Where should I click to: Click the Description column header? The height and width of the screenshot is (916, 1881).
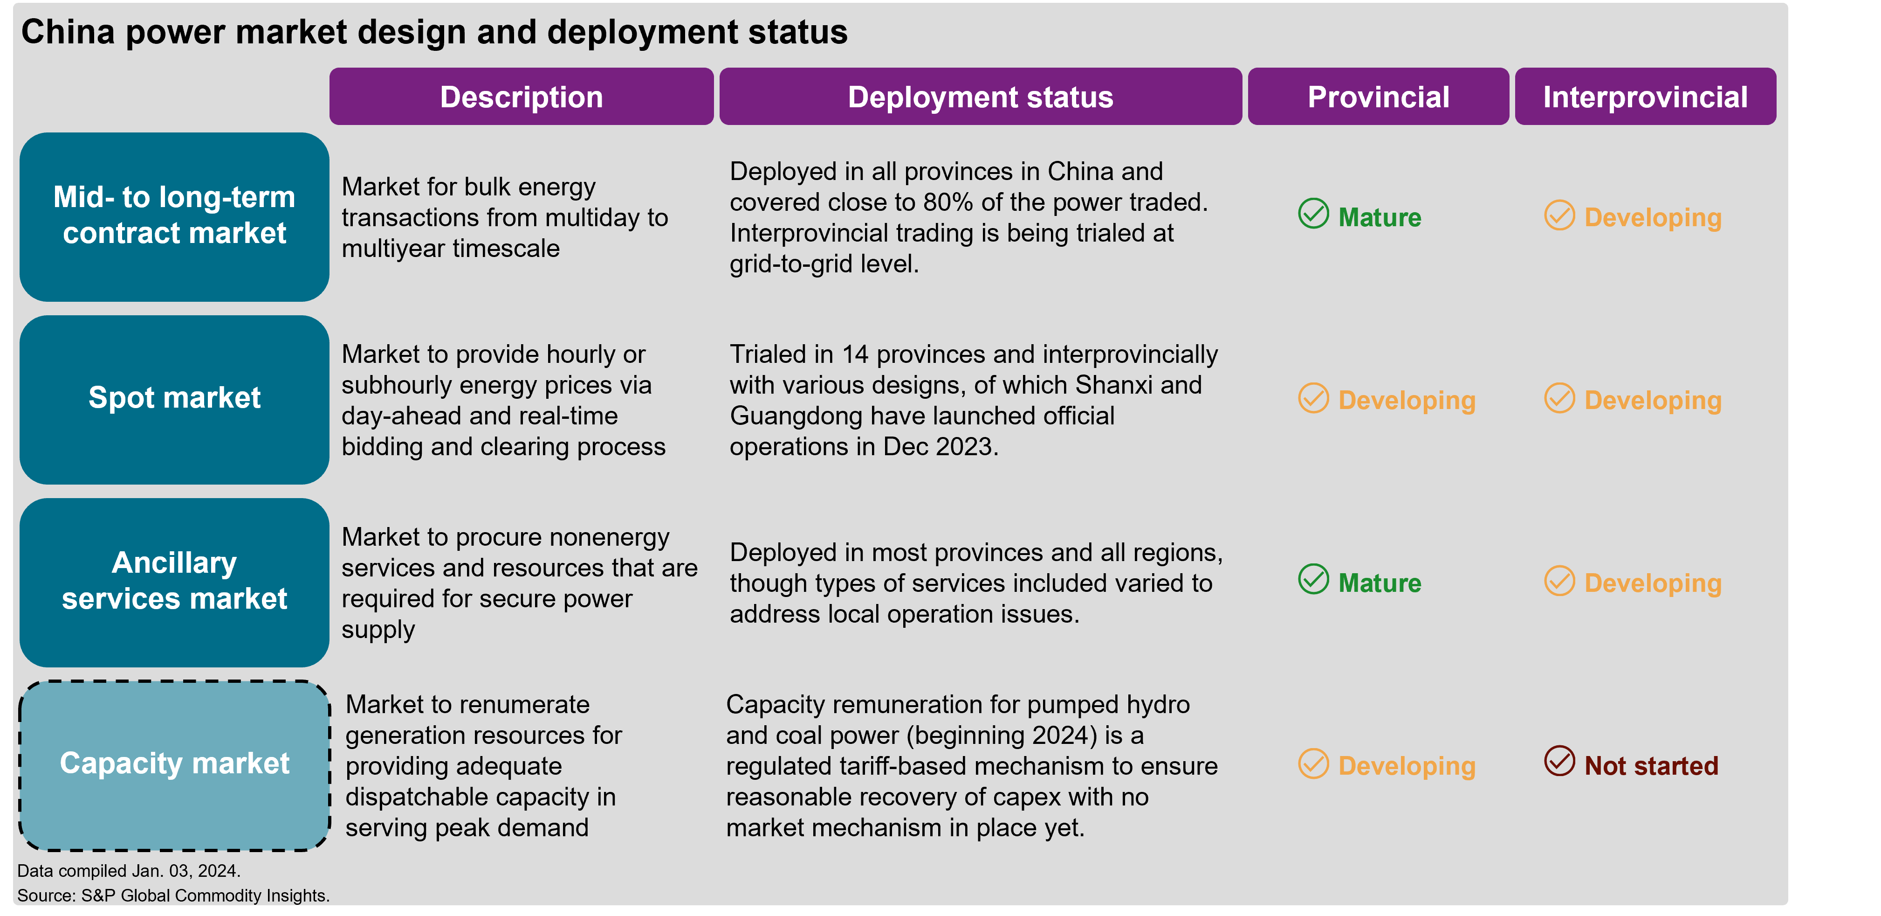[522, 97]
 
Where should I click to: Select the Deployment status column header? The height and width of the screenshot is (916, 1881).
[980, 97]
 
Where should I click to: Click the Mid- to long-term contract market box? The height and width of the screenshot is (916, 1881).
[174, 216]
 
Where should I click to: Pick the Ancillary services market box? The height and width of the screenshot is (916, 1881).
[174, 582]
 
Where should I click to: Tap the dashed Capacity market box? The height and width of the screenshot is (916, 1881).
[174, 765]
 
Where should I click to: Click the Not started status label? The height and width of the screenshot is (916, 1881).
[1651, 765]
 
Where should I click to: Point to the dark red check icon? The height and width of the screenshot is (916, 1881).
[1559, 761]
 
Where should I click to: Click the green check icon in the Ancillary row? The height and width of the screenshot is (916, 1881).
[1313, 579]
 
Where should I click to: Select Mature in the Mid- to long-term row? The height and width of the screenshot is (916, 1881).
[1380, 217]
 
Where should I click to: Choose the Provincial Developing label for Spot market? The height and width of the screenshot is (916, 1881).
[1407, 400]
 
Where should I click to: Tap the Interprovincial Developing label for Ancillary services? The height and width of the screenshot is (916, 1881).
[1653, 583]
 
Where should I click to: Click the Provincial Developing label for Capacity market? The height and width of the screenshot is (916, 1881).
[1407, 766]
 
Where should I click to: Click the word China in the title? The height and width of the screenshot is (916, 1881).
[68, 32]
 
